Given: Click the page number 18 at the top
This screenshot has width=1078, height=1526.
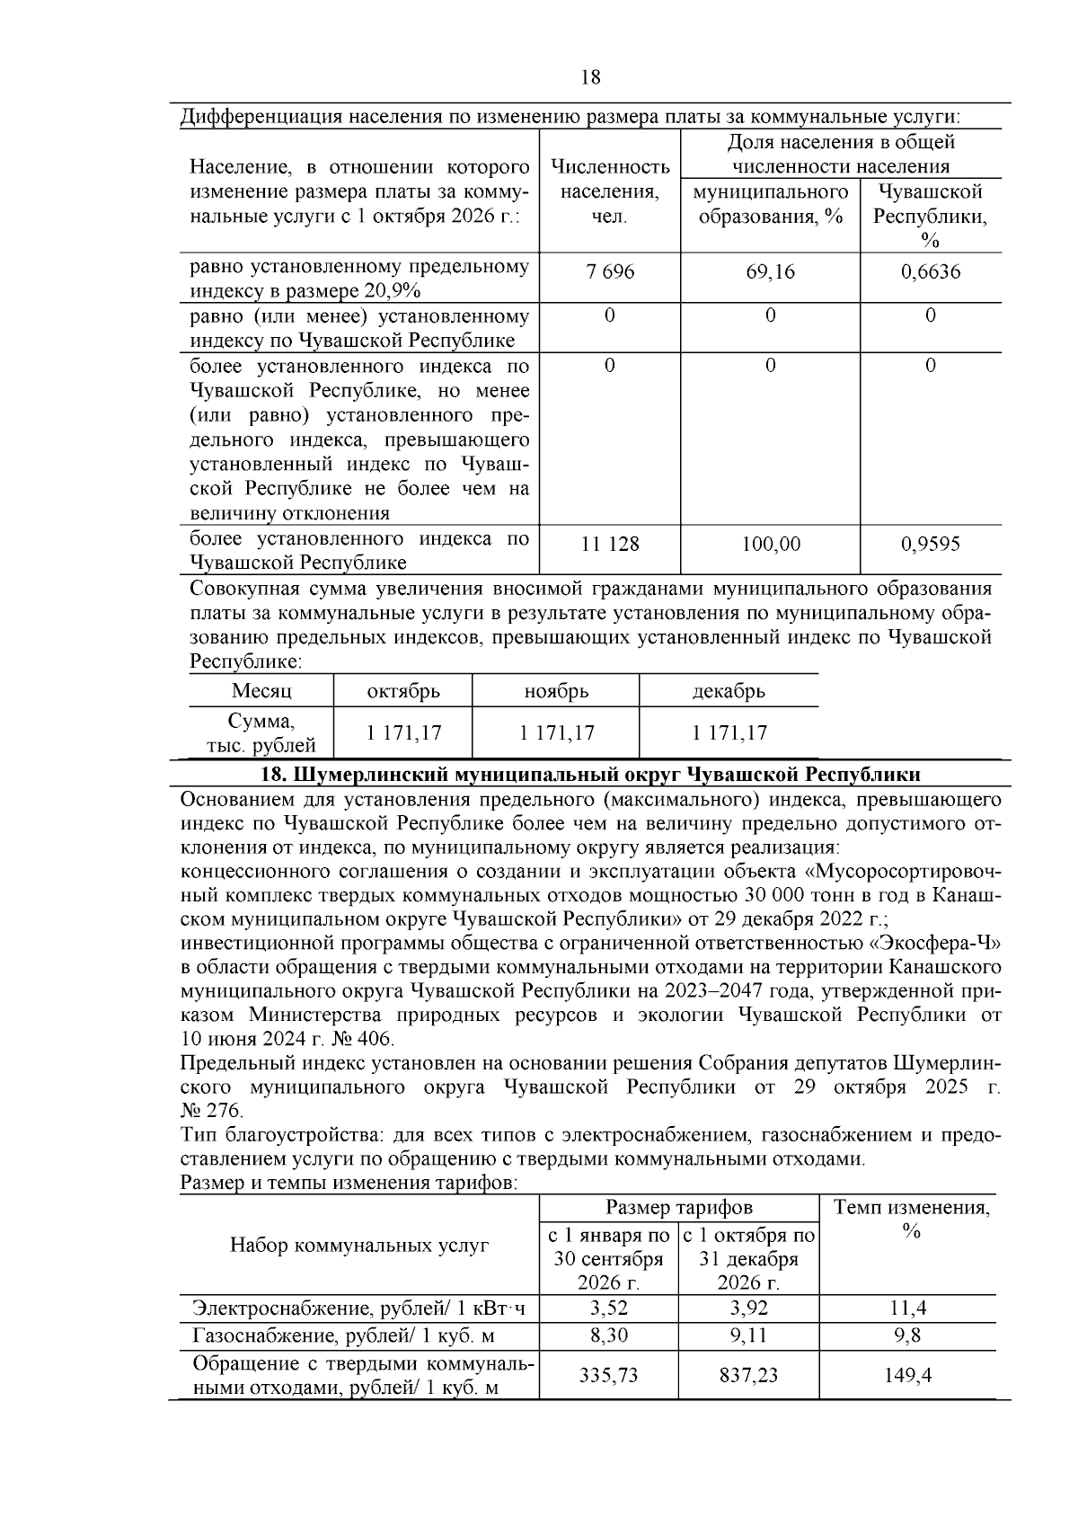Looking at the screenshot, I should point(591,77).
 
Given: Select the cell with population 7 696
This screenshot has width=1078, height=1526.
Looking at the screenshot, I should point(610,271).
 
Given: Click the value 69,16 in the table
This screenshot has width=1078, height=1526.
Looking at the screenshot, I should point(770,271).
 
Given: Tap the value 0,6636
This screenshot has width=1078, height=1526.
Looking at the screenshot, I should point(930,271).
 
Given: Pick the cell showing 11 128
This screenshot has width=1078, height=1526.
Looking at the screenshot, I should point(610,545).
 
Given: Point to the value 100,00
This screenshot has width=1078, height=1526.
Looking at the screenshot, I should point(771,545).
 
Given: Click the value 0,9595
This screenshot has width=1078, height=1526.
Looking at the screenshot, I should point(930,545).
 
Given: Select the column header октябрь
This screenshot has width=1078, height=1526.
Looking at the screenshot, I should point(403,691).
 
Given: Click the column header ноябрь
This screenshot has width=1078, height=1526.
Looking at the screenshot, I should point(556,691).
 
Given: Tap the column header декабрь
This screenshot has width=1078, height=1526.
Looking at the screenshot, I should point(729,691).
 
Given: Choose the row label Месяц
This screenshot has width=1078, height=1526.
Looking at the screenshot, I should point(261,691).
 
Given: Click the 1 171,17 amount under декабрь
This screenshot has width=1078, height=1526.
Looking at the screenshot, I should point(729,733).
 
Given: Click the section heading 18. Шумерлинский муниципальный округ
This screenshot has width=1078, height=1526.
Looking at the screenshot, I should point(589,775).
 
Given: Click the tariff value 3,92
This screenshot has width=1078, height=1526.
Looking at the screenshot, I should point(747,1309).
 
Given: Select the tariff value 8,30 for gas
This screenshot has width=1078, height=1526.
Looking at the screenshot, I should point(608,1336).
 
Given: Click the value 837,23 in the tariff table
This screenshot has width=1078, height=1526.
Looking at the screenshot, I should point(747,1375).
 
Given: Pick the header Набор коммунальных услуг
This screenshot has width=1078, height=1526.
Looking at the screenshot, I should point(359,1246).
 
